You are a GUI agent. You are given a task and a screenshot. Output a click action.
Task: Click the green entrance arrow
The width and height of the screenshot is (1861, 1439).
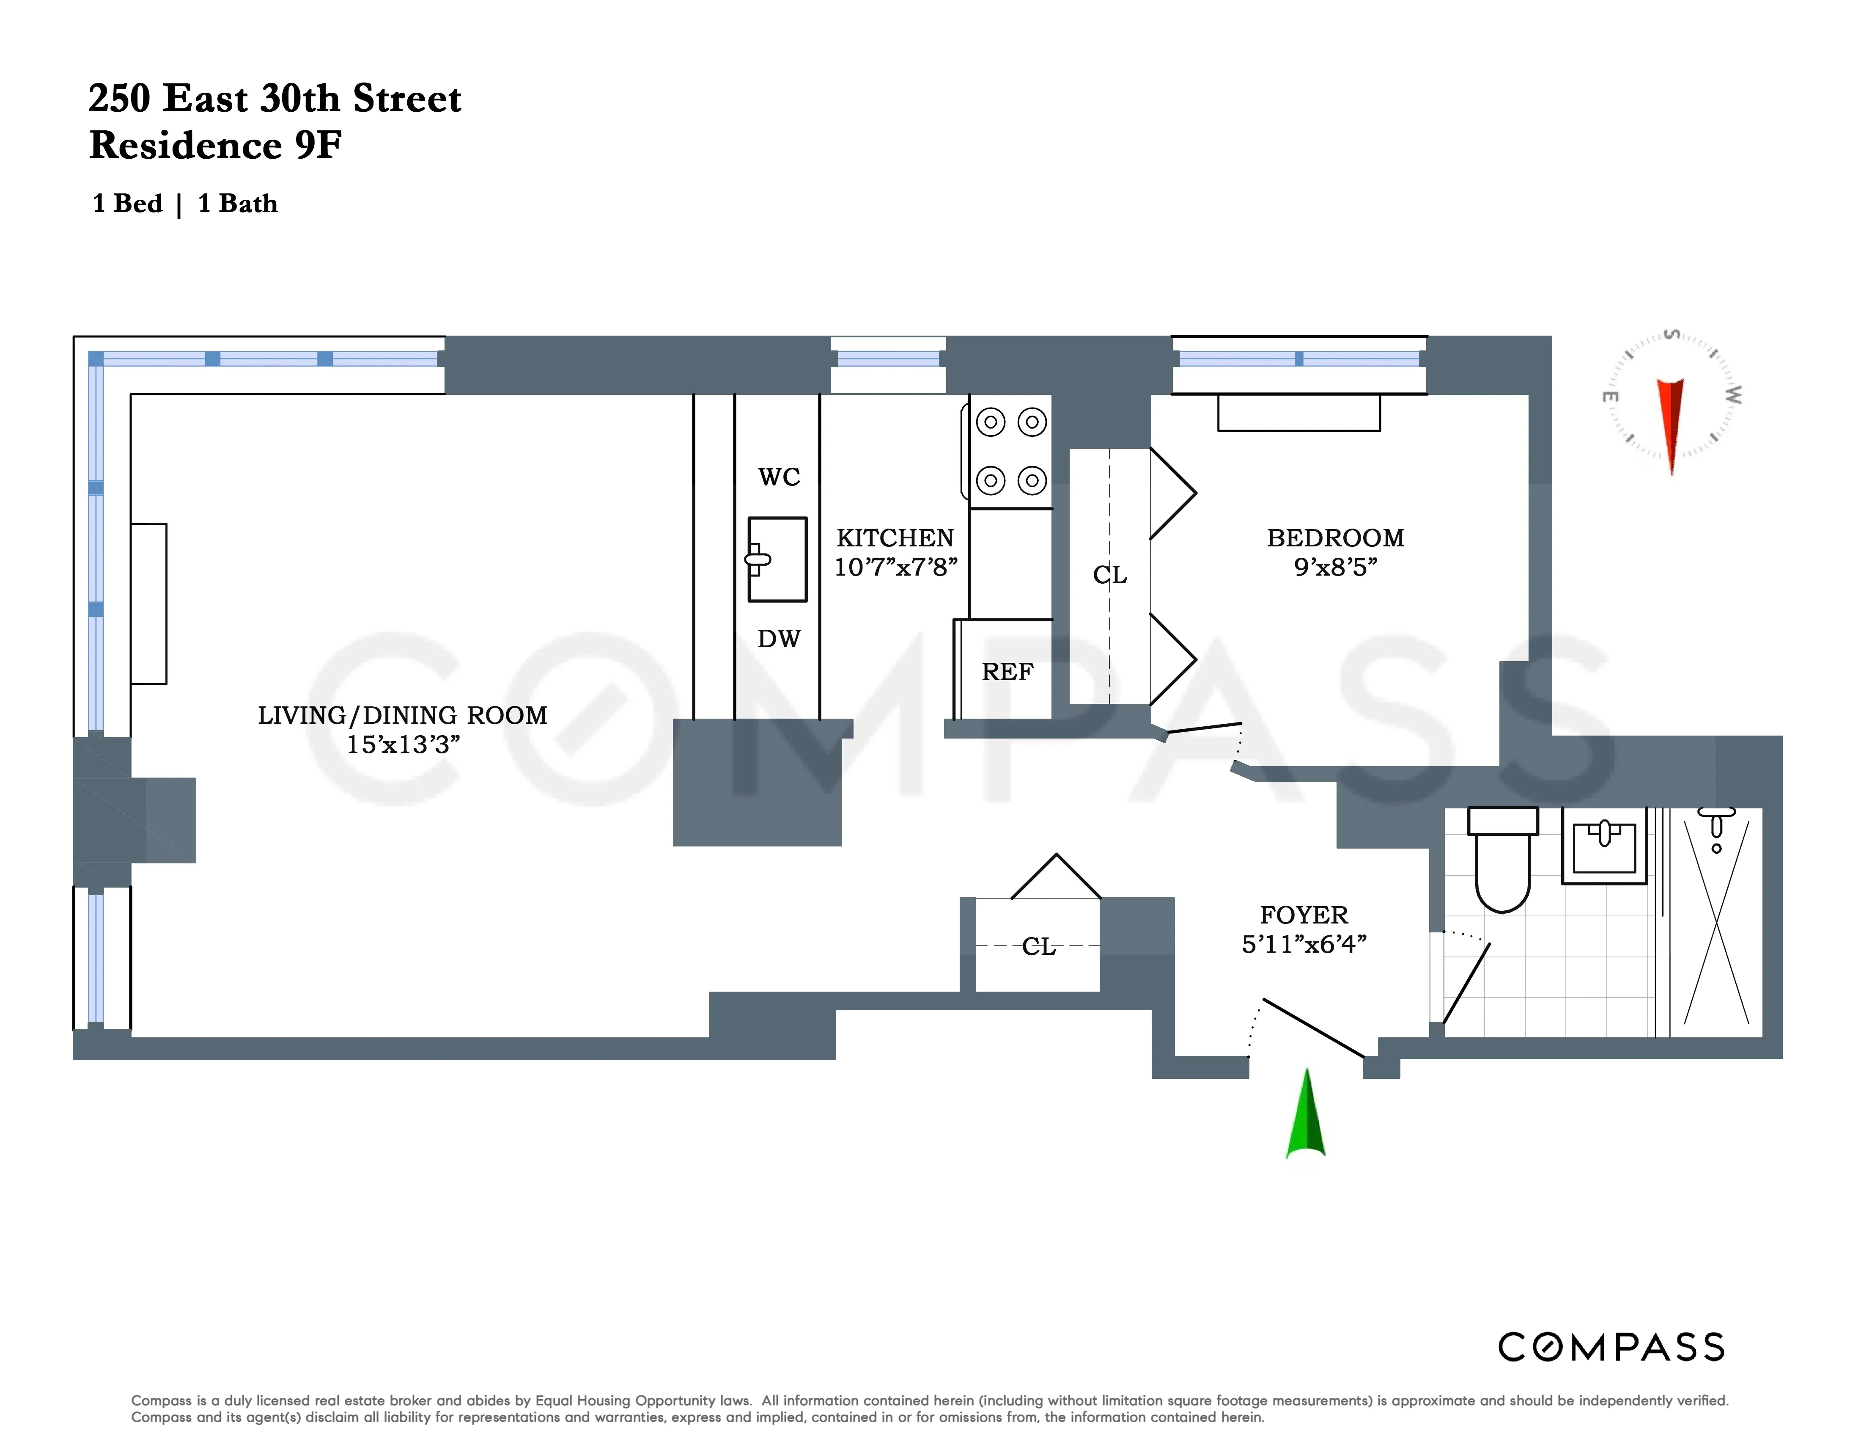1305,1117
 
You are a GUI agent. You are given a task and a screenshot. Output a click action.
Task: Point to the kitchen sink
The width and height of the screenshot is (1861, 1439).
777,559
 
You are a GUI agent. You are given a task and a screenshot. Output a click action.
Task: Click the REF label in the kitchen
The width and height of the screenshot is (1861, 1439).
1007,672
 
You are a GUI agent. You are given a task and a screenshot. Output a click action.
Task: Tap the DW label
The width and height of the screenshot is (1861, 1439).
779,639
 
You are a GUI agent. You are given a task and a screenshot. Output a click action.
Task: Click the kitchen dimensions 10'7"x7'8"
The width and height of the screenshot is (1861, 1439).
895,567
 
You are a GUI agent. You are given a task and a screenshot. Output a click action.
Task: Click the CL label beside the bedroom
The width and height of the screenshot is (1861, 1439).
1109,576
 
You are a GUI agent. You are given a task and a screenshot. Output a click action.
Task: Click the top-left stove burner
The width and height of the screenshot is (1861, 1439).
991,422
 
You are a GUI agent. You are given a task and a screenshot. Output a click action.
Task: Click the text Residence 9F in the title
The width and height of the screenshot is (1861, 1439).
216,145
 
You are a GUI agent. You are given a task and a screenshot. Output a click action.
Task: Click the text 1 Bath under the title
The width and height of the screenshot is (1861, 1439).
238,204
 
